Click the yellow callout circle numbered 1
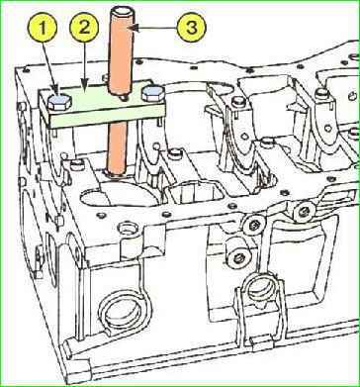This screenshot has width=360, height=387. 43,28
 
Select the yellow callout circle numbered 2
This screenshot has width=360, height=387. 84,28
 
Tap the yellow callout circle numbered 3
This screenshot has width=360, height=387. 191,28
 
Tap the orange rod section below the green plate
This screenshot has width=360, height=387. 118,146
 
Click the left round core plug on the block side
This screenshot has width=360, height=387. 125,310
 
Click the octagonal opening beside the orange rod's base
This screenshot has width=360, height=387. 193,192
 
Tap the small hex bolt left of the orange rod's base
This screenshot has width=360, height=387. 77,164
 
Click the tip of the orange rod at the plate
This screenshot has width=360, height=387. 123,98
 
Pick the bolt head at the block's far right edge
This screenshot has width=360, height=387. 354,133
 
